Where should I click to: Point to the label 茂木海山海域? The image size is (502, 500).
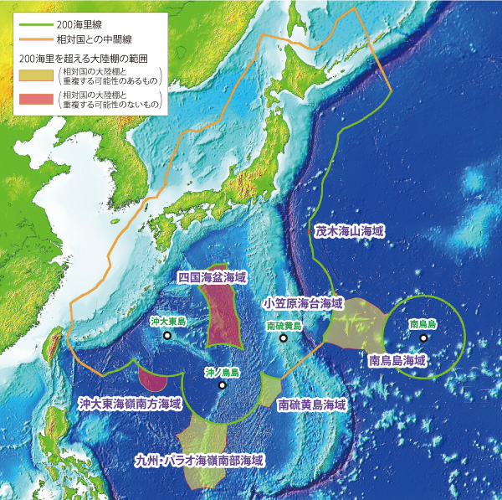click(x=350, y=229)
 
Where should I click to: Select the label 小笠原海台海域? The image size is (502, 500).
click(x=302, y=302)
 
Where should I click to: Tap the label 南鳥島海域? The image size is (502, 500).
click(x=397, y=361)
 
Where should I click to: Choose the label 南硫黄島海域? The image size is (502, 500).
click(x=312, y=404)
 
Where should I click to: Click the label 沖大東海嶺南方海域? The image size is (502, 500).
click(x=130, y=403)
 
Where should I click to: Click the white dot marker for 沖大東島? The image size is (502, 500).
click(x=167, y=336)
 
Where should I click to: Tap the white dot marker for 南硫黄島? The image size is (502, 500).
click(x=284, y=338)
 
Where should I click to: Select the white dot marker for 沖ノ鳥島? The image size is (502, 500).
click(x=222, y=385)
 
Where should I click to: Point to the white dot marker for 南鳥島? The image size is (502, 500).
click(x=423, y=338)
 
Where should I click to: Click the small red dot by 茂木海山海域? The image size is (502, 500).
click(x=309, y=230)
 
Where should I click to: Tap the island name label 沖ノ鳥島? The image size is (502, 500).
click(x=223, y=371)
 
